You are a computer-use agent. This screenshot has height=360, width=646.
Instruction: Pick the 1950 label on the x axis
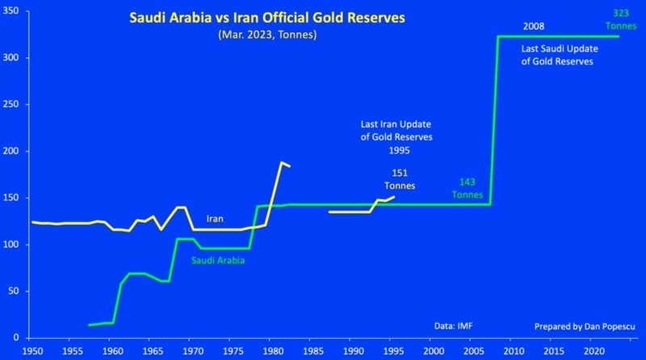[33, 352]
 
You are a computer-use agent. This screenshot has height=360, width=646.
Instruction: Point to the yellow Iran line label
[215, 219]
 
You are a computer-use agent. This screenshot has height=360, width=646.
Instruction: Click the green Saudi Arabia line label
[217, 261]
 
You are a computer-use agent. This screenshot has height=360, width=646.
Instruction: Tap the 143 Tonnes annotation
[468, 188]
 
